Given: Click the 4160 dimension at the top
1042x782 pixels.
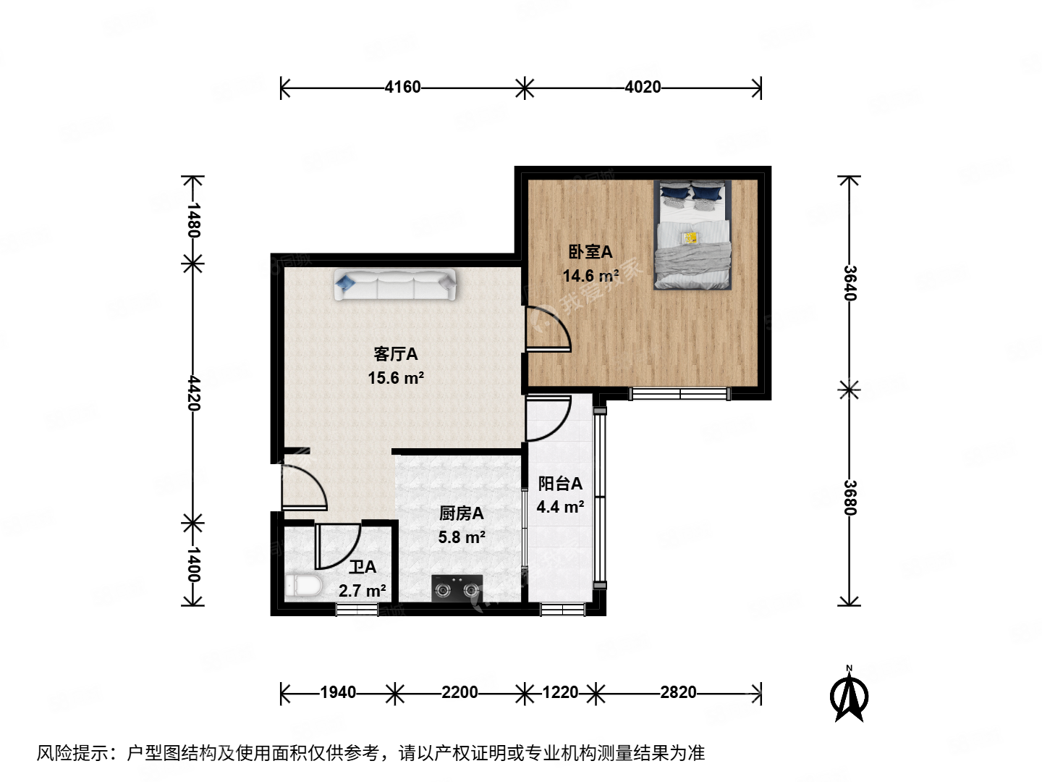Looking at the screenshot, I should [402, 88].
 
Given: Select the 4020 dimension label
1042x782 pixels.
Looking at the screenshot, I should [643, 88].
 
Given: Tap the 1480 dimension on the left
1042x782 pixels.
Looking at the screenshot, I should [193, 219].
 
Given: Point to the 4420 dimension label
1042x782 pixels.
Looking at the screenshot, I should [193, 392].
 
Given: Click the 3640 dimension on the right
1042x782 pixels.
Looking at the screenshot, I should [850, 283].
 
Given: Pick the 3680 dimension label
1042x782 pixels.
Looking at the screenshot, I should [850, 497].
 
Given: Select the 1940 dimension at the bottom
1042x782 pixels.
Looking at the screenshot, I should [338, 693].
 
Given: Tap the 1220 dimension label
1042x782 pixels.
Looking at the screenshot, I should [560, 693].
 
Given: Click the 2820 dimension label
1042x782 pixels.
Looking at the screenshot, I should [678, 693].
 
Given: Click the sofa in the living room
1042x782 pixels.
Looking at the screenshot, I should [395, 285].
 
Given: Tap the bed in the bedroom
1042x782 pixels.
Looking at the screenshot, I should [693, 235].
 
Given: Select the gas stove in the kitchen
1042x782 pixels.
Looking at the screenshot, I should [457, 589].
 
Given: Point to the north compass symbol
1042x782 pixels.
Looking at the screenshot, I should [850, 694].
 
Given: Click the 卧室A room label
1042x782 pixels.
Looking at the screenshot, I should [590, 252].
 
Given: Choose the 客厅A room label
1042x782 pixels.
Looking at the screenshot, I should [395, 354].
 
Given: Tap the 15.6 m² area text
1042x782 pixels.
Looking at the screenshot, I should [395, 378].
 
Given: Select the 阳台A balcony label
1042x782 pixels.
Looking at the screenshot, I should [560, 484].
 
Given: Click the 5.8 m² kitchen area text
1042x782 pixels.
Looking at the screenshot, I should [462, 537].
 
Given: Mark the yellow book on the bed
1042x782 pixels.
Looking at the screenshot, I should [690, 237].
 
